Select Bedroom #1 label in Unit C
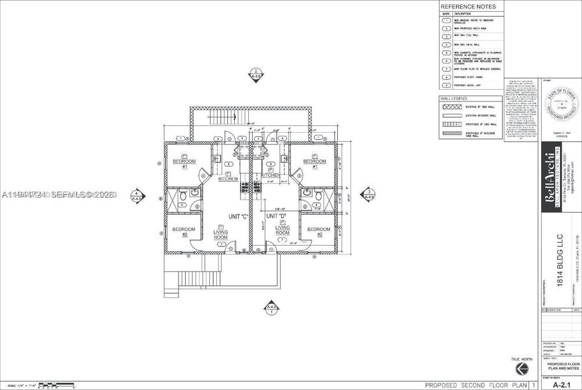click(x=184, y=161)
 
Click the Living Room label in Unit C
click(x=221, y=232)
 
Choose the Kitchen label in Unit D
click(x=270, y=174)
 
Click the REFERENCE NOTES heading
click(x=468, y=6)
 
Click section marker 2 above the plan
click(x=256, y=75)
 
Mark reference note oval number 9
click(x=447, y=84)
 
